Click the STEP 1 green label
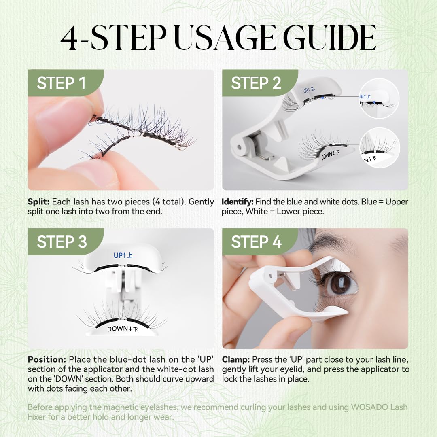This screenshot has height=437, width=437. (62, 83)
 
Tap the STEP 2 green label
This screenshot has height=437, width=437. (256, 83)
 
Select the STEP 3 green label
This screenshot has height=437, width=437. (62, 242)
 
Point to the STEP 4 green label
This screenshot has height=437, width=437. (256, 242)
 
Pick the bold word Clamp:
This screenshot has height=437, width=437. (236, 360)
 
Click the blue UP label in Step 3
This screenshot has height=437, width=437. (123, 255)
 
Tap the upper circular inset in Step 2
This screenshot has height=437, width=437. (379, 98)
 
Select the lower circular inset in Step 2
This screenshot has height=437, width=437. (379, 148)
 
